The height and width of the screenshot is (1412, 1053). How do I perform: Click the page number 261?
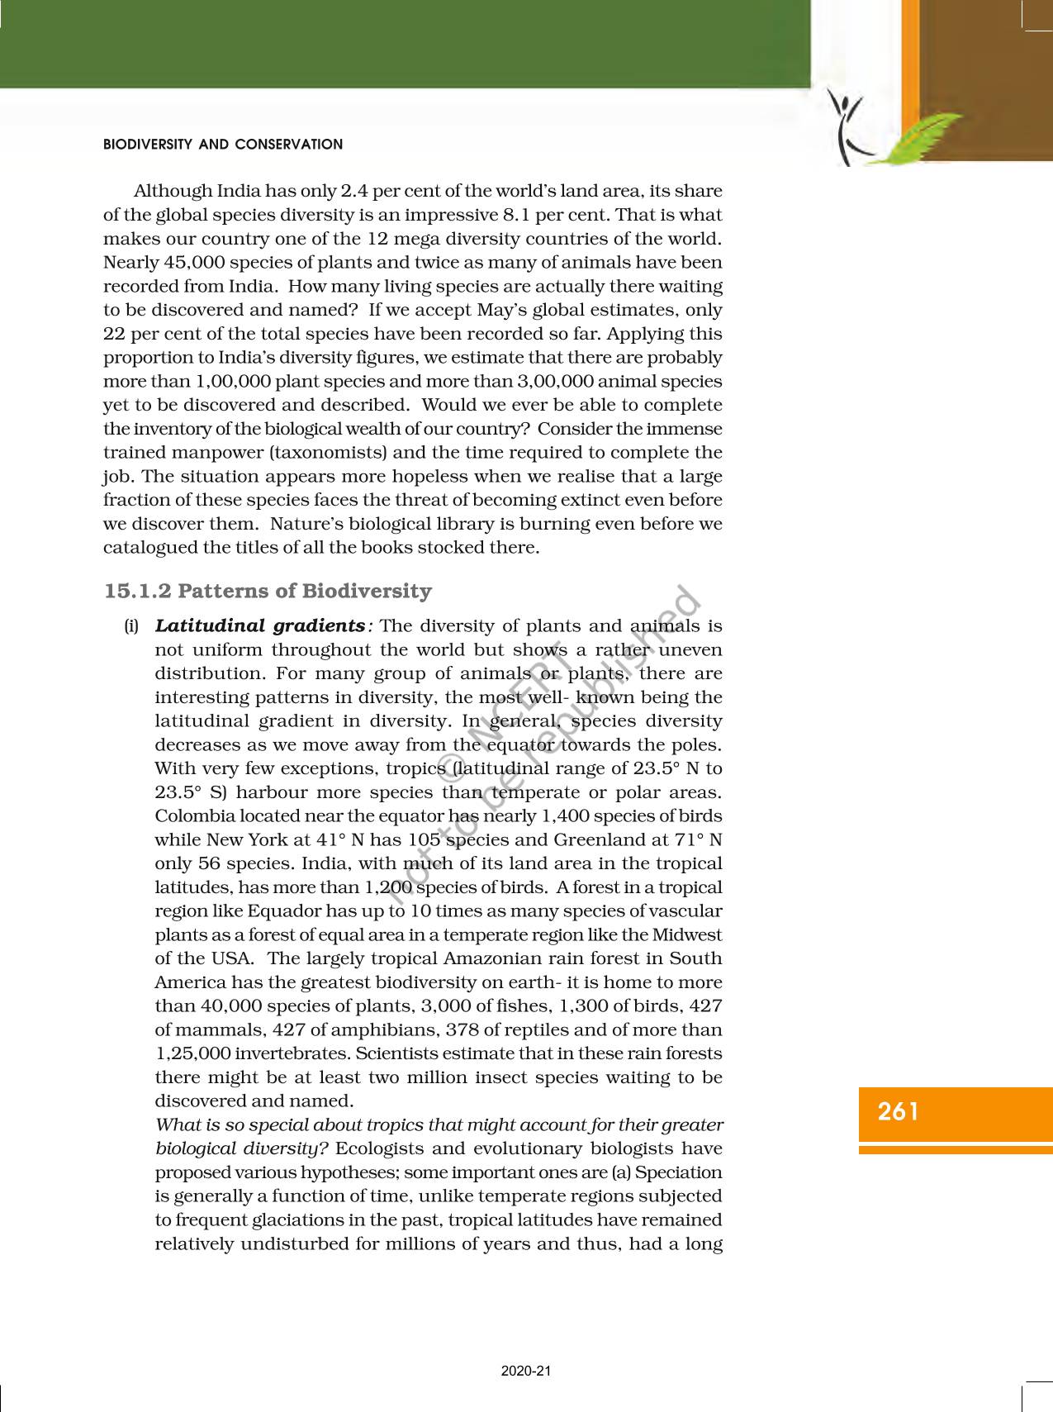[899, 1111]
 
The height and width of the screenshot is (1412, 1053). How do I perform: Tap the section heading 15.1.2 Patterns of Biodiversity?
[268, 591]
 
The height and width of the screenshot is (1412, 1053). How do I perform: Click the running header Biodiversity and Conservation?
[223, 145]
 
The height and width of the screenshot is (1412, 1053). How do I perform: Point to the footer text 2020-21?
[526, 1371]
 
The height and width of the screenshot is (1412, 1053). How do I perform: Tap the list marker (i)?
[131, 626]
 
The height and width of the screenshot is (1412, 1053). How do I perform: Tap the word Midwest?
[686, 935]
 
